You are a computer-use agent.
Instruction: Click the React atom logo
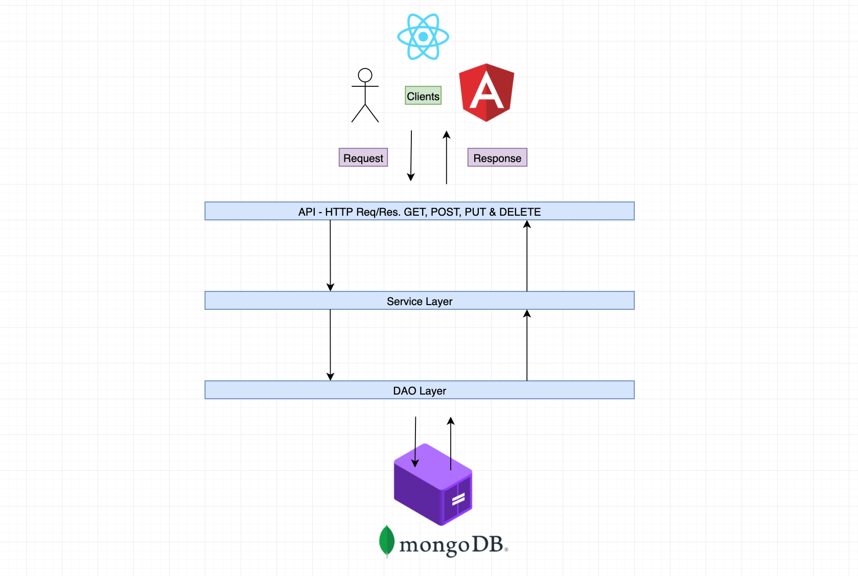[423, 37]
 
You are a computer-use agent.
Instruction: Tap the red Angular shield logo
[486, 93]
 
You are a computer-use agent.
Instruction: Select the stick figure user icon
[365, 96]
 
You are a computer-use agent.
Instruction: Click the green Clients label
[423, 96]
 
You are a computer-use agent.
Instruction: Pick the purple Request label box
[363, 158]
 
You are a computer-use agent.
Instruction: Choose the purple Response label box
[497, 158]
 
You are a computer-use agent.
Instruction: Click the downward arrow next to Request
[411, 156]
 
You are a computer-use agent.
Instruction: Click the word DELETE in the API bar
[520, 212]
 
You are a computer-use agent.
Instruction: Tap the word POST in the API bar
[445, 212]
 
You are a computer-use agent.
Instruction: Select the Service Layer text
[420, 302]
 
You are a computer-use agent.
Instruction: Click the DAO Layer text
[420, 391]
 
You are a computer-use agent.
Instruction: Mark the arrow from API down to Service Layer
[330, 256]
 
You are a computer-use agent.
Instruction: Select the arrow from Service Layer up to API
[527, 256]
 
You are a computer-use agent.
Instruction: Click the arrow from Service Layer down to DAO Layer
[330, 345]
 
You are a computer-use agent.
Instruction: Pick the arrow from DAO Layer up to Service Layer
[527, 345]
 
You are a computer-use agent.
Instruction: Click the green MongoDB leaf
[387, 541]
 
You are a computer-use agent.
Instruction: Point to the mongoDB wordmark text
[452, 545]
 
